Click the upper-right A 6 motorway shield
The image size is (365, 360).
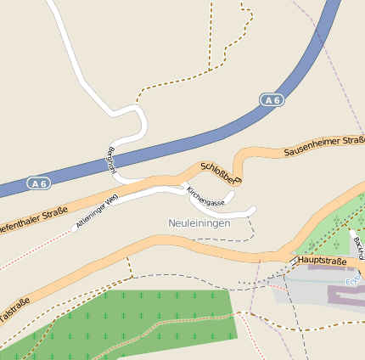tap(272, 100)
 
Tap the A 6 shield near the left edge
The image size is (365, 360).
tap(36, 183)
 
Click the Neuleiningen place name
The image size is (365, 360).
tap(199, 222)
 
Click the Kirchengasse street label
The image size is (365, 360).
tap(205, 198)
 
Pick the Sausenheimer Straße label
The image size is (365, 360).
tap(323, 146)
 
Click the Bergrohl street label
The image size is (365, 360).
tap(110, 160)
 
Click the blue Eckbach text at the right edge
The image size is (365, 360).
tap(354, 281)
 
